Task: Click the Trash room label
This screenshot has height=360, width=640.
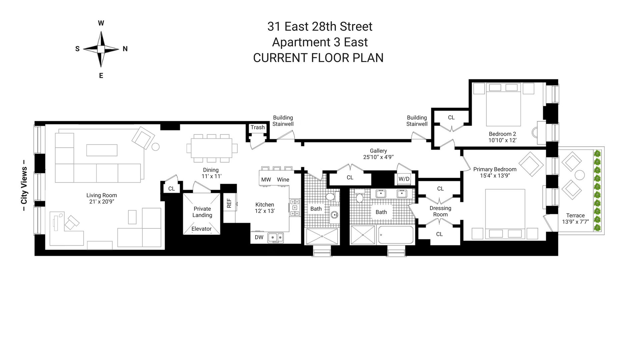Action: [258, 127]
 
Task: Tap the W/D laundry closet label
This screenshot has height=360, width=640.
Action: [404, 179]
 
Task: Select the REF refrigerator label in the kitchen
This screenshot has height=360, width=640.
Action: [229, 203]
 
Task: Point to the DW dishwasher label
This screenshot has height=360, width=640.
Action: [259, 237]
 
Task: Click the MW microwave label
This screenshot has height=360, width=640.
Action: [266, 180]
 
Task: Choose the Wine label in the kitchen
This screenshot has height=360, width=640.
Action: [283, 180]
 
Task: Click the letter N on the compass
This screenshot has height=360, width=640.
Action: [125, 49]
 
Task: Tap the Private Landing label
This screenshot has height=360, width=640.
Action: [202, 212]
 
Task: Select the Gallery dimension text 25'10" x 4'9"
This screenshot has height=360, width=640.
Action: [378, 157]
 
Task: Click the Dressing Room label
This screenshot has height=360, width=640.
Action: [440, 211]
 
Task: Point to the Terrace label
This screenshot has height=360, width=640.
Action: [575, 215]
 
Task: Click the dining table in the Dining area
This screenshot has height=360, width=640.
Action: [211, 148]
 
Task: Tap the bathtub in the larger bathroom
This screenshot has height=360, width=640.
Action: [396, 235]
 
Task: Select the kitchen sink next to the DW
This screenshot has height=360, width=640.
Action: [276, 237]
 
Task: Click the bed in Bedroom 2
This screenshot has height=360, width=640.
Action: [503, 103]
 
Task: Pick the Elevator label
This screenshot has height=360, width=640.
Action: [201, 229]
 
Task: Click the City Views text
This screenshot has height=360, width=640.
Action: [24, 186]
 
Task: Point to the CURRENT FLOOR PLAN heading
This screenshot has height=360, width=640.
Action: [318, 58]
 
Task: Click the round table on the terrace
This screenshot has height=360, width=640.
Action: [580, 175]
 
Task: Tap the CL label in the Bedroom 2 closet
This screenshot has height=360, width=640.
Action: [451, 117]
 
